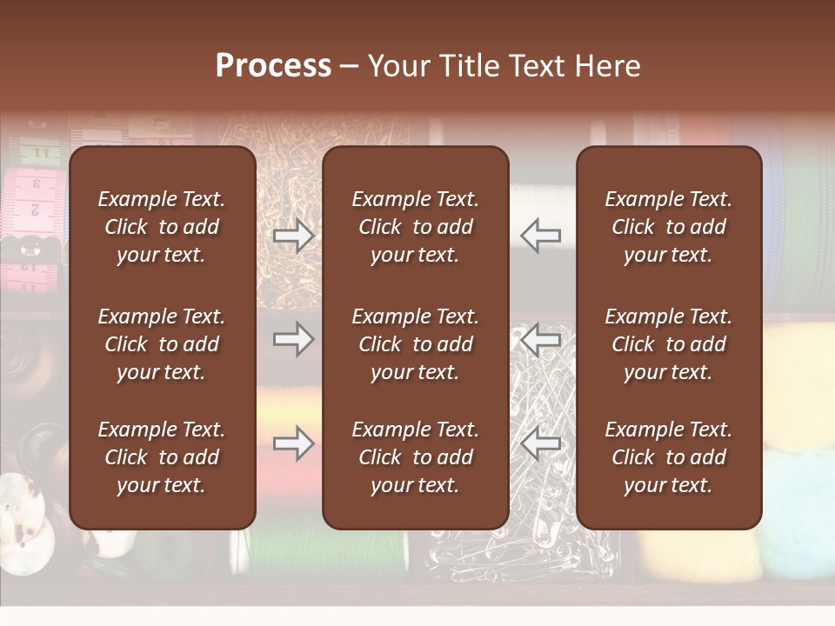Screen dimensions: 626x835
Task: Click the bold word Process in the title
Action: point(273,65)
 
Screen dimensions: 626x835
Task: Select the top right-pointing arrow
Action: point(294,235)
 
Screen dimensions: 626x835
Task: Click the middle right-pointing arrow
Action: point(294,339)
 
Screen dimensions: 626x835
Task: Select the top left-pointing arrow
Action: point(540,235)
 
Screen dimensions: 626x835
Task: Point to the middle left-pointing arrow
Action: point(540,339)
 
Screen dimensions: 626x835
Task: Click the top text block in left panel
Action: point(162,227)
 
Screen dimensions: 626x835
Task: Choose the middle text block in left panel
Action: point(162,344)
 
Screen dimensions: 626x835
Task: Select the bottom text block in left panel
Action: point(162,457)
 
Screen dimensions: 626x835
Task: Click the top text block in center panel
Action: point(416,227)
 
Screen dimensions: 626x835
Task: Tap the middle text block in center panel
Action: point(416,344)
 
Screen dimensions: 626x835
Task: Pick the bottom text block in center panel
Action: point(416,457)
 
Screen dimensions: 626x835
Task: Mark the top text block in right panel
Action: point(669,227)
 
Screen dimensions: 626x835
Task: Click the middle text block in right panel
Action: point(669,344)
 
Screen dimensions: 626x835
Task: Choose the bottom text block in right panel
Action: point(669,457)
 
